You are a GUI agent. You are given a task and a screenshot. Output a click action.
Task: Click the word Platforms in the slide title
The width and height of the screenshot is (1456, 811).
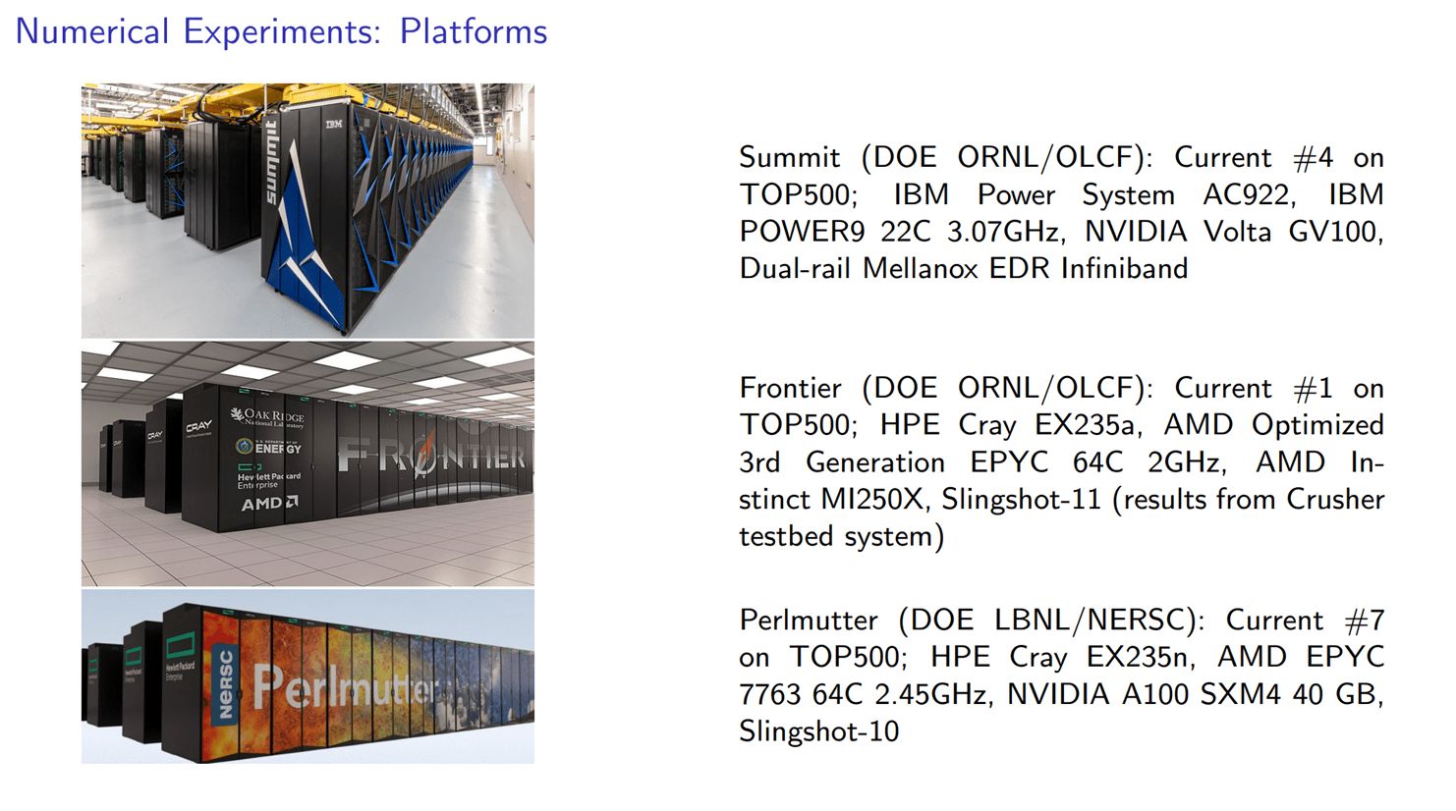pos(474,31)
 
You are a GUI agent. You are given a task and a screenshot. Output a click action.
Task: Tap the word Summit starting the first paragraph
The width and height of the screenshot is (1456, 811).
pos(789,158)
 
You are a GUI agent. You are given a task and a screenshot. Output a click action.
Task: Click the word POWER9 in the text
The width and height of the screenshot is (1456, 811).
pos(802,232)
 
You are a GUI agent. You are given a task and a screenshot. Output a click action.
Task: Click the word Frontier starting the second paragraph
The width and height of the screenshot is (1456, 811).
pos(790,389)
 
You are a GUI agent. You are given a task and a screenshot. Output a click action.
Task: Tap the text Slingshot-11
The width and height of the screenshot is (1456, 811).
pos(1021,500)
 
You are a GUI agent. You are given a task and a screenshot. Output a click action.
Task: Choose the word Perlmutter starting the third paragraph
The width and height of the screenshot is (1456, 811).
pos(809,620)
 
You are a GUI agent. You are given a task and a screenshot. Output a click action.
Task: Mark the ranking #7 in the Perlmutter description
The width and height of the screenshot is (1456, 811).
pos(1365,620)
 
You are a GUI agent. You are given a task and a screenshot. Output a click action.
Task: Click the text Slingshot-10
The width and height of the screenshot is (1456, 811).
pos(819,731)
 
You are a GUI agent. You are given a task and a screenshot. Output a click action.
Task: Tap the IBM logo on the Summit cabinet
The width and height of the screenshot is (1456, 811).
pos(333,124)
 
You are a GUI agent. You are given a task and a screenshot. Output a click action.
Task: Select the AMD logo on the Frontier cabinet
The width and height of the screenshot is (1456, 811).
pos(270,504)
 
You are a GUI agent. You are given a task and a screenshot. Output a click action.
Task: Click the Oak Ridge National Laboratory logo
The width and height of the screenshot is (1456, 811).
pos(267,418)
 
